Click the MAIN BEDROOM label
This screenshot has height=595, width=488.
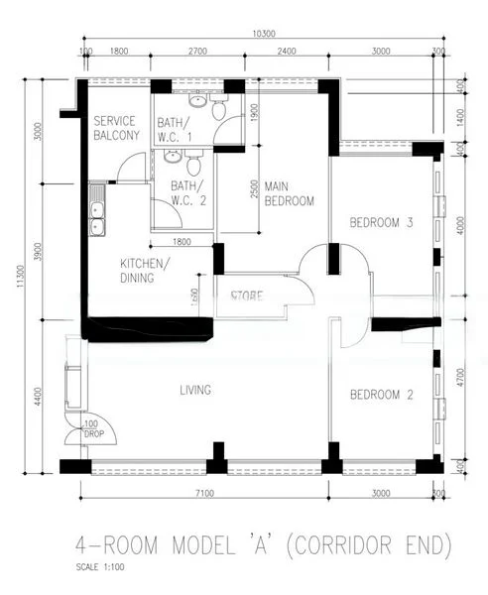point(289,193)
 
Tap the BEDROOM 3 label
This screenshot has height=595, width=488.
point(381,223)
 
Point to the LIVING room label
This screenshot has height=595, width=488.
point(195,391)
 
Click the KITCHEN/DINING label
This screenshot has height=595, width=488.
point(145,271)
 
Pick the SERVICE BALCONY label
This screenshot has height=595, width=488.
point(116,128)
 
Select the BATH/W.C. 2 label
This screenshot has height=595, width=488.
point(186,192)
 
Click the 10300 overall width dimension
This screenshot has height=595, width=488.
point(263,33)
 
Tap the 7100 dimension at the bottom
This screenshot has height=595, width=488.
point(205,493)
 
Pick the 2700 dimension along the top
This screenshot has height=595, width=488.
point(197,50)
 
